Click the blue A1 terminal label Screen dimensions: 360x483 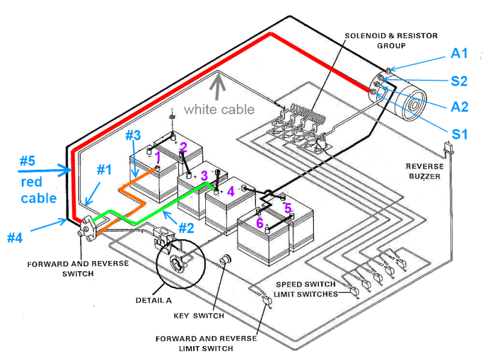coord(459,54)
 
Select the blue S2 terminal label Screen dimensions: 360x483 coord(459,80)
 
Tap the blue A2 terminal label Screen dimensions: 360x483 coord(459,107)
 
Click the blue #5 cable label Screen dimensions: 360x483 coord(28,161)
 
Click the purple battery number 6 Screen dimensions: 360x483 coord(260,223)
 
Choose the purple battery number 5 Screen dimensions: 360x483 coord(288,208)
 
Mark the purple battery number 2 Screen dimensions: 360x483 coord(184,147)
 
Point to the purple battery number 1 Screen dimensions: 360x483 coord(158,156)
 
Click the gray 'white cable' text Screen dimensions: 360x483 coord(219,109)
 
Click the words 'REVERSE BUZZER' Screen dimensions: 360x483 coord(424,171)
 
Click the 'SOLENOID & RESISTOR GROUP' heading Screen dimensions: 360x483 coord(391,40)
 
